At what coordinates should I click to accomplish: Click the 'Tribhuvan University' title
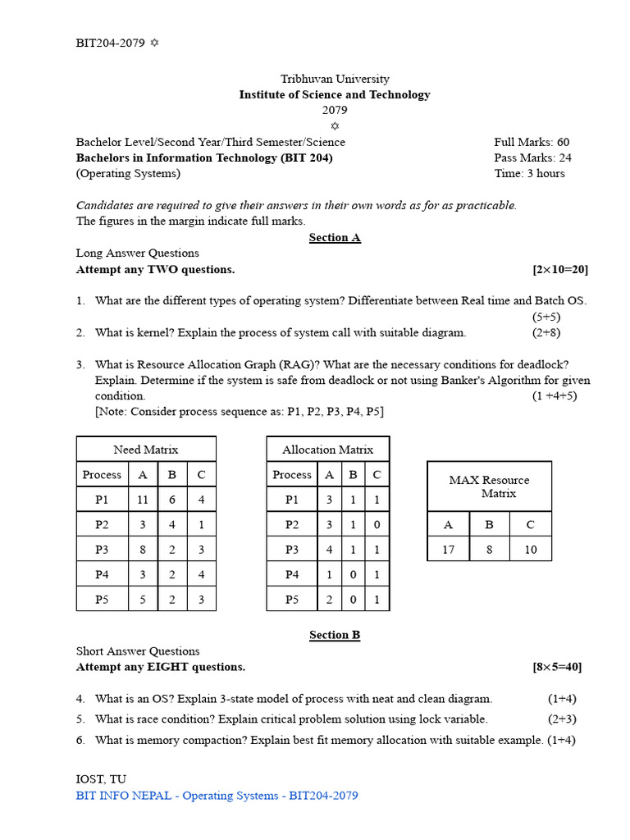[x=335, y=79]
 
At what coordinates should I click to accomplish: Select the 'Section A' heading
[x=335, y=238]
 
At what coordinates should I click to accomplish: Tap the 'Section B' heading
[x=335, y=635]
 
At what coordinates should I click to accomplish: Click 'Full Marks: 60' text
[x=532, y=142]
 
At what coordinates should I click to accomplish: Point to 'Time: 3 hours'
[x=529, y=173]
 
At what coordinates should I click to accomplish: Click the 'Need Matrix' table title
[x=146, y=450]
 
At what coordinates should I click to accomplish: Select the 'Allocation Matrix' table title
[x=327, y=450]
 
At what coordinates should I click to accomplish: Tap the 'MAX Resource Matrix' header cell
[x=490, y=486]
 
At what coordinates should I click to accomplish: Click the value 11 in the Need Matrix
[x=143, y=500]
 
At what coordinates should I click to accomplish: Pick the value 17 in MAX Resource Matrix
[x=448, y=549]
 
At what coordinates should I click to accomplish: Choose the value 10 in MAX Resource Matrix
[x=531, y=549]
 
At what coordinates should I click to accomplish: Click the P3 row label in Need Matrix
[x=102, y=550]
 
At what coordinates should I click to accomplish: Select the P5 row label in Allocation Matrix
[x=292, y=600]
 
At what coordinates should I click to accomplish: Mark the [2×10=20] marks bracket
[x=559, y=269]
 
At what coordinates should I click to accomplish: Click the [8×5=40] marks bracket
[x=557, y=667]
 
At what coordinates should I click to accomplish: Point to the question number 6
[x=81, y=740]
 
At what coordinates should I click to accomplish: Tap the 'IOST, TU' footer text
[x=101, y=779]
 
